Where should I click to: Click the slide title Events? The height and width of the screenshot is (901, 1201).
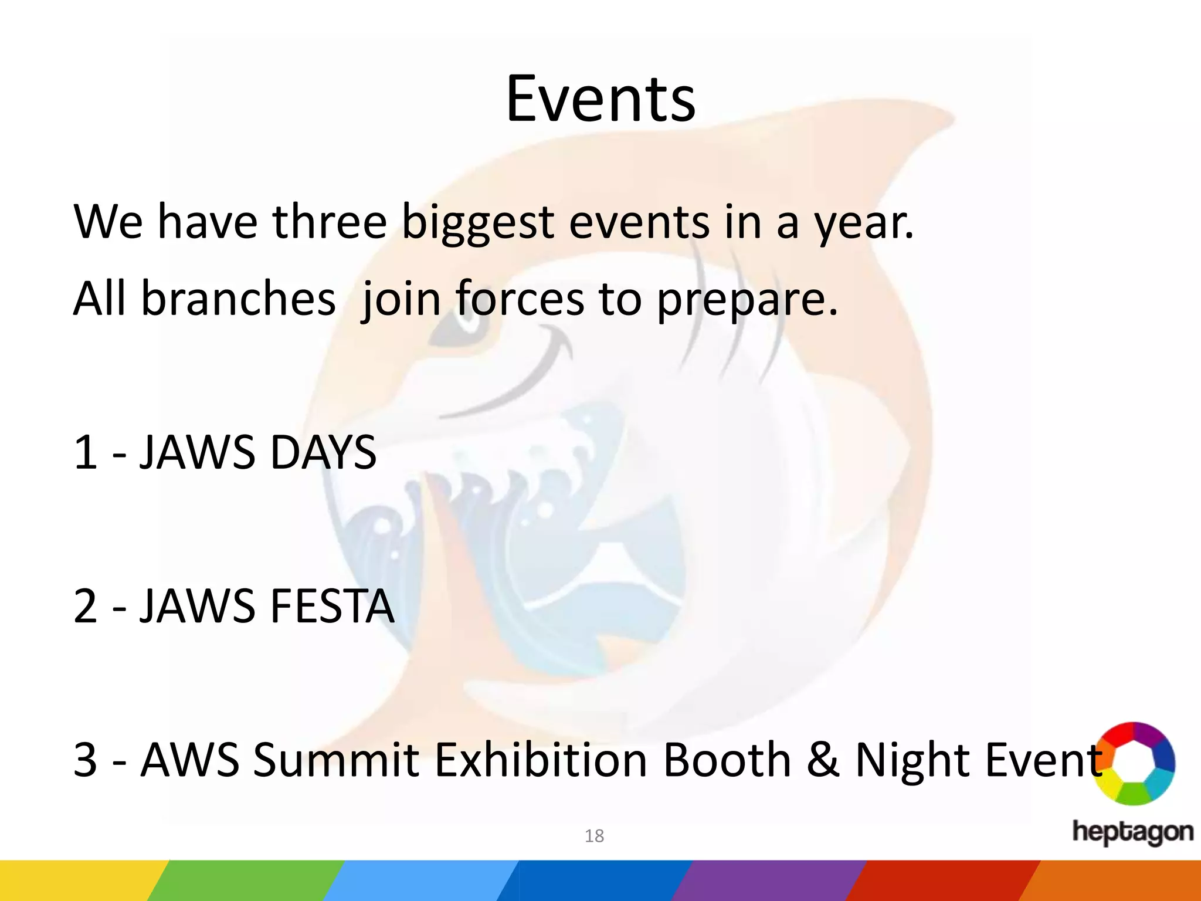600,99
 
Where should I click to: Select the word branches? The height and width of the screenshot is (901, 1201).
238,299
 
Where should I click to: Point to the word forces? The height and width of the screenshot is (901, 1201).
520,299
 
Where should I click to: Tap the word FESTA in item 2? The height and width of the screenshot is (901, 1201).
332,606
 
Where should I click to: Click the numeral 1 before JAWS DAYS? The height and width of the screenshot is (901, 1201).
85,452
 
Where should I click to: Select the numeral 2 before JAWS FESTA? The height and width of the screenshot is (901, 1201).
85,606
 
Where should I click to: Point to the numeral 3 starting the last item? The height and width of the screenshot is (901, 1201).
85,760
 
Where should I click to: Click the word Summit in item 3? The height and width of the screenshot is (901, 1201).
336,760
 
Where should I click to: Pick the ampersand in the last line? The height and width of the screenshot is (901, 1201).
823,760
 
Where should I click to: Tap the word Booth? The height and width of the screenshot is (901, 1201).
727,760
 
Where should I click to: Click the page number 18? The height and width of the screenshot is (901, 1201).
594,836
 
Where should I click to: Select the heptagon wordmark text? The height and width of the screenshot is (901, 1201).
1132,832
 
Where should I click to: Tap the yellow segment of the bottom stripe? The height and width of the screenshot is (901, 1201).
76,880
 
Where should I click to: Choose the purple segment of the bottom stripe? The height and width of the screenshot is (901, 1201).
768,880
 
